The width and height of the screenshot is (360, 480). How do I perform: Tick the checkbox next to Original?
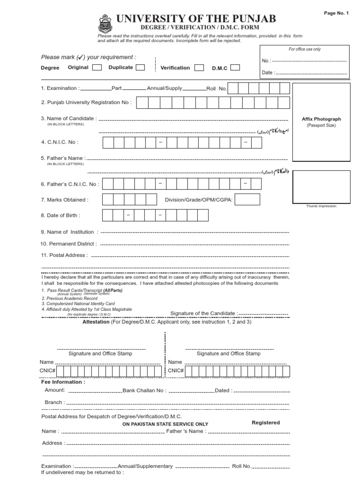[x=97, y=67]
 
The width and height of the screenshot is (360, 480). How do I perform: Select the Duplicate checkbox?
[x=140, y=67]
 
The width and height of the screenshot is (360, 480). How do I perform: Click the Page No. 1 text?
[x=336, y=13]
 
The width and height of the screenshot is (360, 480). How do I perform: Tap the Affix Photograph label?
[x=322, y=120]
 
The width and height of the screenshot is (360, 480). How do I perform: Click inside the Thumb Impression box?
[x=322, y=187]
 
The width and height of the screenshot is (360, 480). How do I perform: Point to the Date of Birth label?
[x=60, y=215]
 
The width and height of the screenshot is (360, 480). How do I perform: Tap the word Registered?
[x=266, y=422]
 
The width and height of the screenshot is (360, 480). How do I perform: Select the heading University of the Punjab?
[x=196, y=19]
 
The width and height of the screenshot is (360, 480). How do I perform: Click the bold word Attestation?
[x=96, y=322]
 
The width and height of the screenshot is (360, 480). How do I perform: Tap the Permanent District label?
[x=69, y=244]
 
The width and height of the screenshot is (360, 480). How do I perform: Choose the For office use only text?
[x=305, y=49]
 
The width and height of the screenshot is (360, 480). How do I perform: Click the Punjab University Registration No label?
[x=86, y=102]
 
